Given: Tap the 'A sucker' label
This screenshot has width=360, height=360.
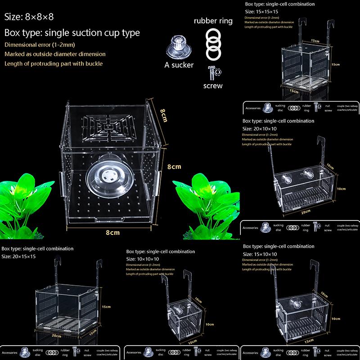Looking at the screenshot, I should tap(179, 65).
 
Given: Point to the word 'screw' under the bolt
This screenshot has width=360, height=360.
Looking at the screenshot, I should tap(213, 85).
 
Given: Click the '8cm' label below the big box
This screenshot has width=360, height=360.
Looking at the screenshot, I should tap(112, 233).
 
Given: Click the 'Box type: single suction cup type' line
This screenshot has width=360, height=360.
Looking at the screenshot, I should tap(72, 33).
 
